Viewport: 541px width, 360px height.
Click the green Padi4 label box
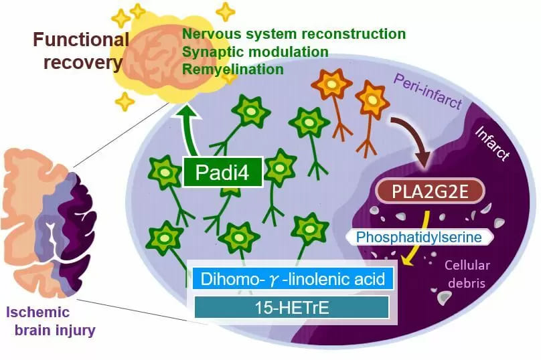click(x=222, y=172)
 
